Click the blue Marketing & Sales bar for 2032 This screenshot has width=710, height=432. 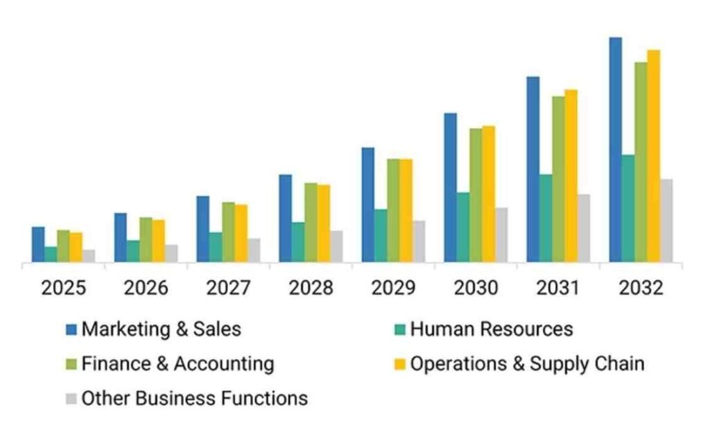click(x=615, y=149)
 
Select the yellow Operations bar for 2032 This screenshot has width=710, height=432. click(x=653, y=156)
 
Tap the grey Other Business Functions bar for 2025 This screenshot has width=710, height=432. click(x=89, y=256)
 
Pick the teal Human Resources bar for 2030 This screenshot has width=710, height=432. click(x=463, y=227)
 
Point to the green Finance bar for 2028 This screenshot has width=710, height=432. click(x=311, y=222)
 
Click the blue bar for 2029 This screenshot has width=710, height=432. click(x=367, y=205)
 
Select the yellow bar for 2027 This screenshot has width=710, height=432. click(x=241, y=233)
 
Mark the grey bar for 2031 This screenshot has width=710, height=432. click(x=584, y=227)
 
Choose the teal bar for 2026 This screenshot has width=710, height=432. click(x=133, y=251)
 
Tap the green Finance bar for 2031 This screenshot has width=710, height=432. click(x=558, y=179)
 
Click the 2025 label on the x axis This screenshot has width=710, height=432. click(x=64, y=288)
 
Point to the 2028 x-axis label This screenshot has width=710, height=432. click(x=310, y=288)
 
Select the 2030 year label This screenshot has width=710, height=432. click(x=475, y=288)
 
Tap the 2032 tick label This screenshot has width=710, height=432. click(x=641, y=288)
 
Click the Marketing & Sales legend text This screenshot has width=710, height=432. click(x=162, y=329)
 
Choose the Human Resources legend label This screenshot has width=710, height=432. click(x=492, y=329)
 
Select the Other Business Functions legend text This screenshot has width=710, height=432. click(x=195, y=398)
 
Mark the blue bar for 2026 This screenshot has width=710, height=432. click(x=121, y=237)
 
